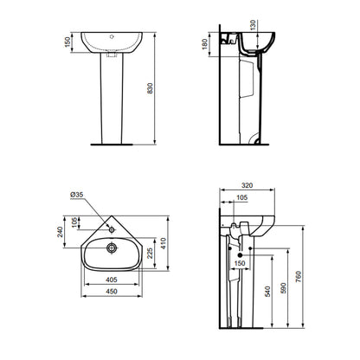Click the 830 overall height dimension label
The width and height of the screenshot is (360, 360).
[150, 88]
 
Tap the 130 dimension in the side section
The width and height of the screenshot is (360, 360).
[253, 25]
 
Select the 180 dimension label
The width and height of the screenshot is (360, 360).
[205, 44]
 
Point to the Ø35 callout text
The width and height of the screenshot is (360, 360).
[77, 195]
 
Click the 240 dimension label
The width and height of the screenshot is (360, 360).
[60, 232]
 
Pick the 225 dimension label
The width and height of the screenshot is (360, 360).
[150, 253]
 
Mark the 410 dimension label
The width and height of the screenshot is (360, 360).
[164, 243]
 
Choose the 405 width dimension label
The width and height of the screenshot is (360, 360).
[112, 280]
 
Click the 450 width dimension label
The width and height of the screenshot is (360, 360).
[112, 292]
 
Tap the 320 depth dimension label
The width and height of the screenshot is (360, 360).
[247, 185]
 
